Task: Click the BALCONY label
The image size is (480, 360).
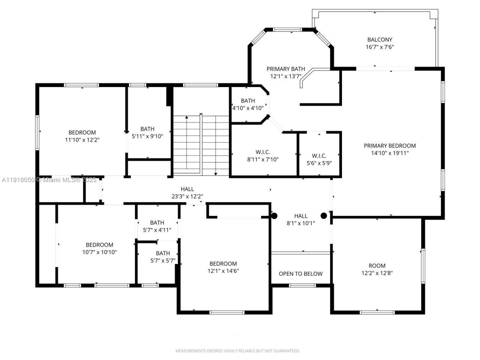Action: (x=379, y=39)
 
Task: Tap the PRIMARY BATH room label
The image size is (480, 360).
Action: (x=286, y=69)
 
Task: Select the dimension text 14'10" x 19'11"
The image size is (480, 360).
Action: (x=390, y=153)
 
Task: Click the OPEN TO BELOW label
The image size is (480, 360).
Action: (x=300, y=274)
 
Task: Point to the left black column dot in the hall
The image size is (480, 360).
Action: (x=274, y=216)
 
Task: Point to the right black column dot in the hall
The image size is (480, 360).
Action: (x=324, y=216)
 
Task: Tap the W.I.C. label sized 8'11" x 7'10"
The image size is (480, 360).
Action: (x=262, y=152)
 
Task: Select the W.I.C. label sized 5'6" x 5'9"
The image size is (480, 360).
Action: (x=319, y=156)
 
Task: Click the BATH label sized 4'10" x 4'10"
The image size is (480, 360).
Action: (x=248, y=100)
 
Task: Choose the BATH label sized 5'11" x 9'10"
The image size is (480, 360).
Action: (x=147, y=129)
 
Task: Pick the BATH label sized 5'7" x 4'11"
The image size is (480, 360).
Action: (x=157, y=222)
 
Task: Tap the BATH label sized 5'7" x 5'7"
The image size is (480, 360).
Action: (x=163, y=253)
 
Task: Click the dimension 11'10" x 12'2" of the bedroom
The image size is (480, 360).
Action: (x=82, y=139)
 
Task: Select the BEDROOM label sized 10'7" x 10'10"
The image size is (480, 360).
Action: (x=99, y=245)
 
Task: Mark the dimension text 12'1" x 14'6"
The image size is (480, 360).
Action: (x=223, y=271)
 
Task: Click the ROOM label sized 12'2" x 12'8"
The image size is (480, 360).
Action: (x=377, y=265)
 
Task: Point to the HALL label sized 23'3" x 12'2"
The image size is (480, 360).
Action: (x=187, y=189)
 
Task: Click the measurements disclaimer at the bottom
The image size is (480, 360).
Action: (x=238, y=351)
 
